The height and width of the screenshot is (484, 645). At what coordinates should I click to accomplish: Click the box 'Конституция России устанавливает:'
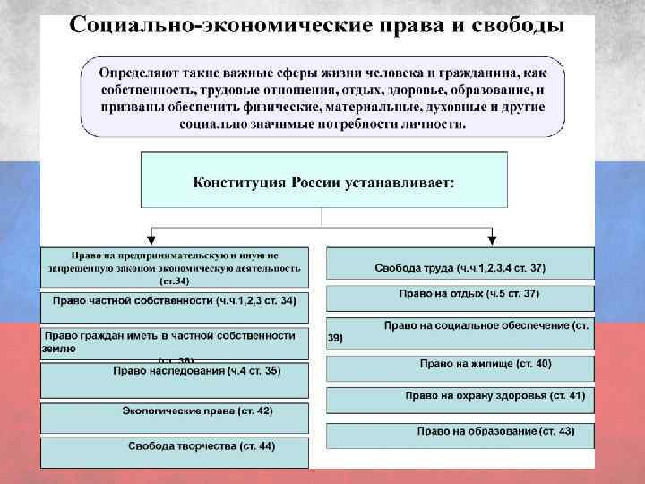(323, 182)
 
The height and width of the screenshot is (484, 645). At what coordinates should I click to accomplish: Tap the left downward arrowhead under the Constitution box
(150, 239)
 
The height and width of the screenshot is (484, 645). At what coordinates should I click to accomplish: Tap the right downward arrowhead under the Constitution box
(494, 239)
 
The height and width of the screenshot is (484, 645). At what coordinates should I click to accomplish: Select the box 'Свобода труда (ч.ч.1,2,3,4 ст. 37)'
(460, 266)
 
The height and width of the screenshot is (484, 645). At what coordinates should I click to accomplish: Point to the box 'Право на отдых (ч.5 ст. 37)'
(460, 297)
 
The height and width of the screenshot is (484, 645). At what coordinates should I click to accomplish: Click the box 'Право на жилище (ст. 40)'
(460, 367)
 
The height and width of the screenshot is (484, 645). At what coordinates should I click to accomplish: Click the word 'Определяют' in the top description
(136, 71)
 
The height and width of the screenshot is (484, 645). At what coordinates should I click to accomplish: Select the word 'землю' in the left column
(59, 349)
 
